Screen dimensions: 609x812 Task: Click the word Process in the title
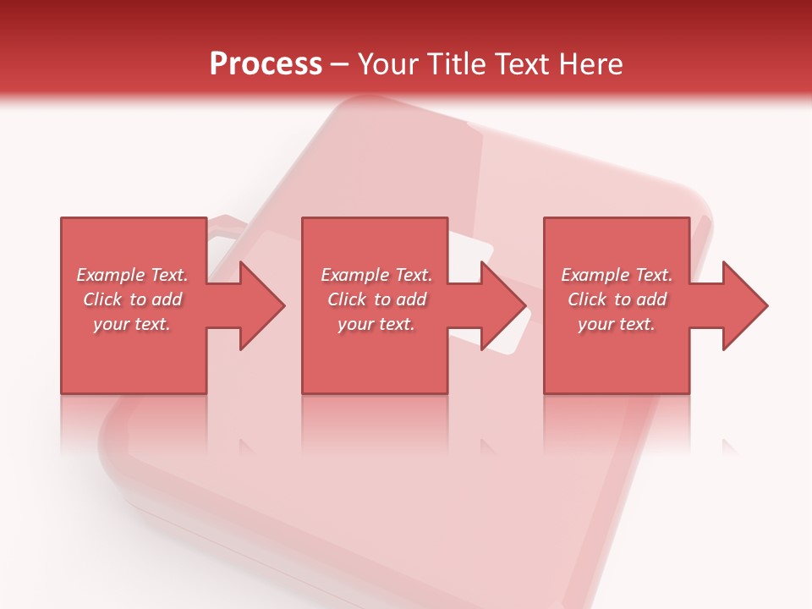[266, 64]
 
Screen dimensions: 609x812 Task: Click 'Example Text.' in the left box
[132, 275]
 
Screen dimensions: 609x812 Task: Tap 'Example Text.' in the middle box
[376, 275]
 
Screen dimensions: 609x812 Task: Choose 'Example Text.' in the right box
[617, 275]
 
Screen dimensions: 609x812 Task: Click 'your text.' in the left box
[132, 324]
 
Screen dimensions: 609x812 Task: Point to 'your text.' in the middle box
[376, 324]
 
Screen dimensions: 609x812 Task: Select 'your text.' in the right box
[617, 324]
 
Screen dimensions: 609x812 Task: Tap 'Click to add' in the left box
[132, 299]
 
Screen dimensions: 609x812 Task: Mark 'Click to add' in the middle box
[376, 299]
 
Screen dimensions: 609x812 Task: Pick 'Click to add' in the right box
[617, 299]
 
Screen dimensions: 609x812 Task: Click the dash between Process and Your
[339, 65]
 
